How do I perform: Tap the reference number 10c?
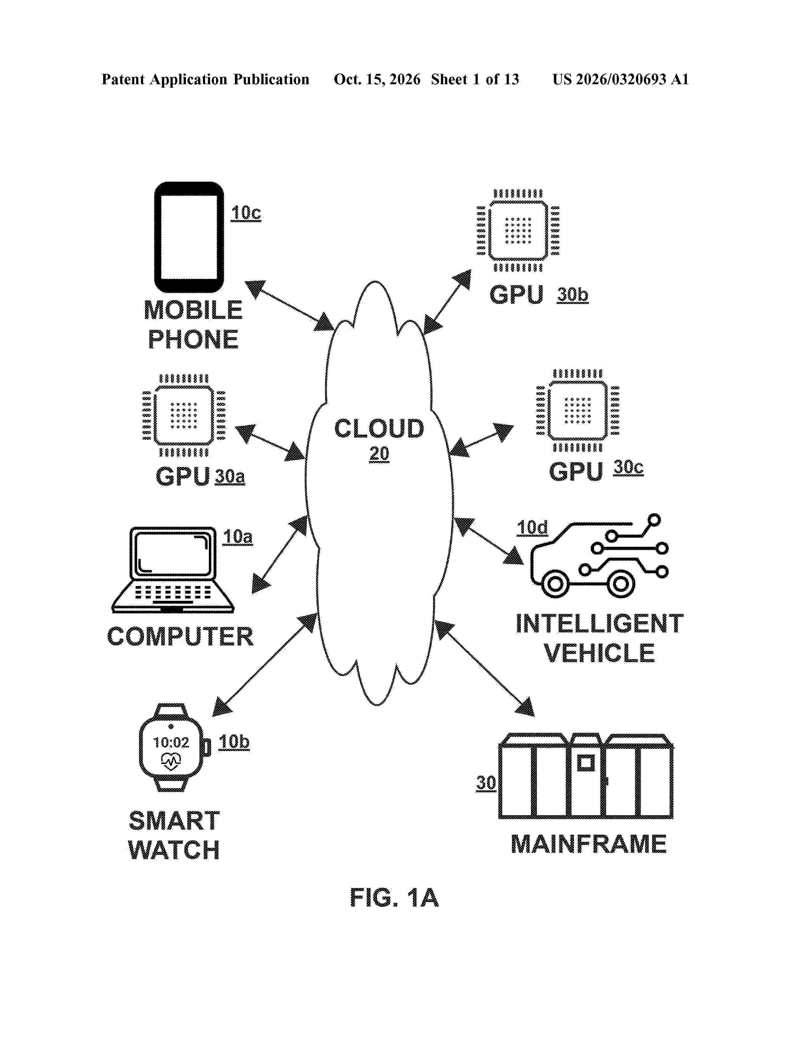tap(246, 213)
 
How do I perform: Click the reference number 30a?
tap(230, 476)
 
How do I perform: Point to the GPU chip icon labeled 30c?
tap(577, 411)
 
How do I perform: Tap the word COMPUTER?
tap(180, 636)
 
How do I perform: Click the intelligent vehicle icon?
tap(599, 556)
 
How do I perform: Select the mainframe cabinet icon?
tap(585, 776)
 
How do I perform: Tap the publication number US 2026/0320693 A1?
tap(621, 79)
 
